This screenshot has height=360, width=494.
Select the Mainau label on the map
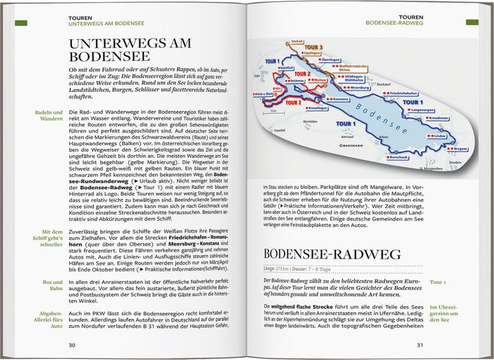click(316, 81)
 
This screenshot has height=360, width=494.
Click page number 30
click(72, 345)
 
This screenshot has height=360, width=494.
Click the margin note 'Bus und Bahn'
click(49, 287)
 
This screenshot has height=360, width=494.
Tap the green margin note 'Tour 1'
click(437, 282)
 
